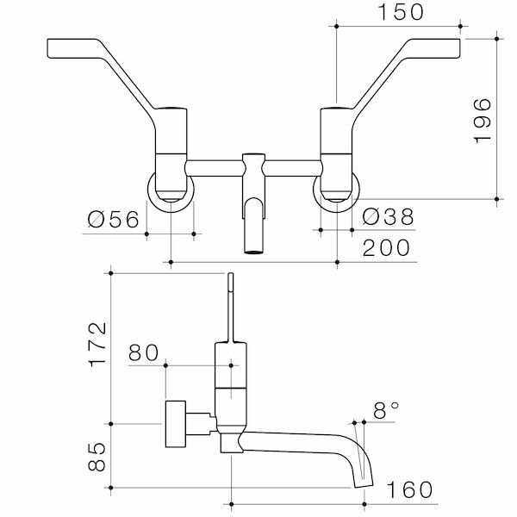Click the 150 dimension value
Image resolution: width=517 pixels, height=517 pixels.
tap(400, 12)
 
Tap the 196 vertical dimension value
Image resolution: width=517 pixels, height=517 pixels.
tap(483, 121)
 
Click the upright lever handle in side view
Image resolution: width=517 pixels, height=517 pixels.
tap(230, 306)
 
